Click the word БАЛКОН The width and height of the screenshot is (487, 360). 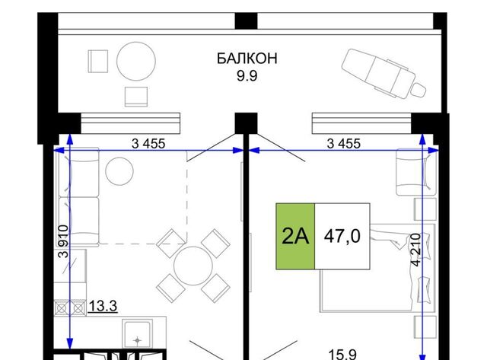pos(247,59)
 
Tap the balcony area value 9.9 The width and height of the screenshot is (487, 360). pos(247,76)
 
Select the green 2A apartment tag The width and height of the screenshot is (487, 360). pos(295,236)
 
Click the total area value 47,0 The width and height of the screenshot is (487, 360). pos(342,236)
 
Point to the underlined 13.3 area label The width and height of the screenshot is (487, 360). pos(103,306)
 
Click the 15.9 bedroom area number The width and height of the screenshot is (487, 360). pos(342,354)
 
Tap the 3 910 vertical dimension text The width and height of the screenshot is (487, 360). pos(63,241)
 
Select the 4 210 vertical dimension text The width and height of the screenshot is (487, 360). pos(416,250)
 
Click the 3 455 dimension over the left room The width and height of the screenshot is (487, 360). pos(148,144)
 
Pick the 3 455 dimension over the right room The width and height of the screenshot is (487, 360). pos(344,144)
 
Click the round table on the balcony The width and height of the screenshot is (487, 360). pos(136,61)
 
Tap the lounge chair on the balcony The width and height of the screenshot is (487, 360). pos(384,74)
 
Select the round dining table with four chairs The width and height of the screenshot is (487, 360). pos(193,266)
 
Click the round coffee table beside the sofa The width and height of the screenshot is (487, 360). pos(119,171)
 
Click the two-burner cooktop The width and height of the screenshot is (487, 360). pos(70,308)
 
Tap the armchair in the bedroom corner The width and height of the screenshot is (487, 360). pos(416,172)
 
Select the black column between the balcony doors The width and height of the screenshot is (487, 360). pos(246,123)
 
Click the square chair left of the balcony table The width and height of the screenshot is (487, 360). pos(98,61)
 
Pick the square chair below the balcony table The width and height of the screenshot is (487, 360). pos(136,97)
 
